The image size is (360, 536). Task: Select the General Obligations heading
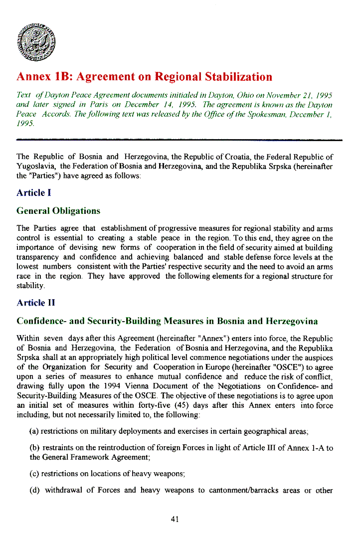coord(58,211)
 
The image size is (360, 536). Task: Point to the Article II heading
coord(35,303)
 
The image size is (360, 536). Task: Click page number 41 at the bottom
coord(175,519)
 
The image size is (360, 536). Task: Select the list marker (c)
coord(34,474)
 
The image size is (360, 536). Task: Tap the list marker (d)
coord(35,490)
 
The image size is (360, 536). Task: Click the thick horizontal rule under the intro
coord(180,141)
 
